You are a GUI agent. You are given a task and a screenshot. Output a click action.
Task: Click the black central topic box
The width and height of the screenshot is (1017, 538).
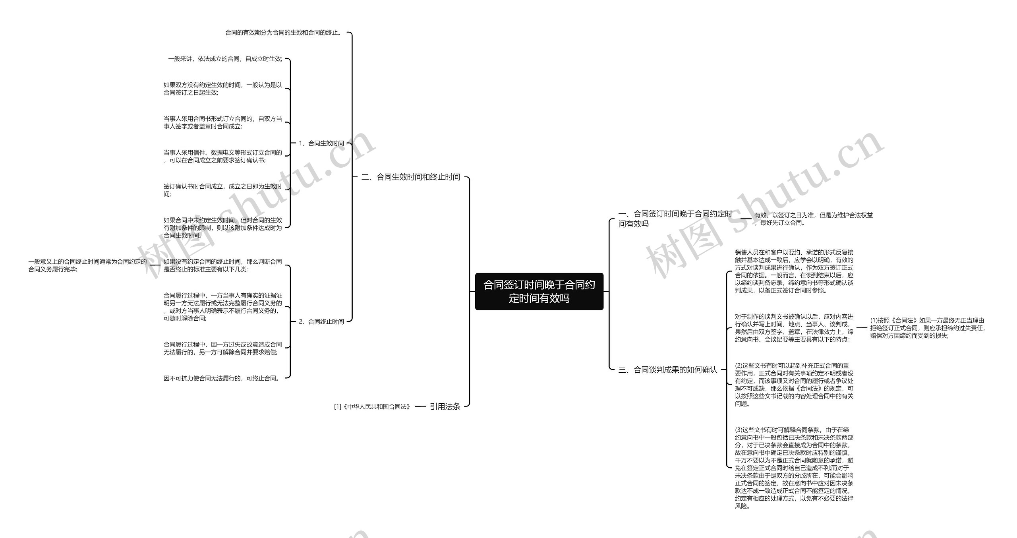[x=539, y=291]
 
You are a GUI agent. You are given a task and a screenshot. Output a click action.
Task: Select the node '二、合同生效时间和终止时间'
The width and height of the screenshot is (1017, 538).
[x=411, y=177]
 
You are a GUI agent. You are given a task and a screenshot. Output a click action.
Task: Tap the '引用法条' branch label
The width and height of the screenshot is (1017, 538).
[x=445, y=406]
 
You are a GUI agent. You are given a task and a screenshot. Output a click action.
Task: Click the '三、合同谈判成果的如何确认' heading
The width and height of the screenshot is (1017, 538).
[x=667, y=370]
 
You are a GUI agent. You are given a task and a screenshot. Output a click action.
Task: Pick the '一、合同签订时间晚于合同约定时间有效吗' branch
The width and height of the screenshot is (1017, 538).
[x=675, y=219]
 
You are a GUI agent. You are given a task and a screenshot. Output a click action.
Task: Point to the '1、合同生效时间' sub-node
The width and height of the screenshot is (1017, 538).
[x=321, y=143]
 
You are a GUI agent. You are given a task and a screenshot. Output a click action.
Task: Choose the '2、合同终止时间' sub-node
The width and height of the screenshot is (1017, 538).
[x=321, y=322]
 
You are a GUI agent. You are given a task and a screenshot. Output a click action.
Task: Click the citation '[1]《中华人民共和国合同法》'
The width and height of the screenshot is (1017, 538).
[x=372, y=407]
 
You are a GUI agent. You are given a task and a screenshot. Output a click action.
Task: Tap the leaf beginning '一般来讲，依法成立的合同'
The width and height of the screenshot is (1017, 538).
[x=225, y=59]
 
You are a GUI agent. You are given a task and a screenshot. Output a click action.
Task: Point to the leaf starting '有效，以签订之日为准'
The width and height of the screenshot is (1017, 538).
[x=813, y=219]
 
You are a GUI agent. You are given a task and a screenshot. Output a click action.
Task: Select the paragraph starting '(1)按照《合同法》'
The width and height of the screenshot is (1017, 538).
[x=927, y=328]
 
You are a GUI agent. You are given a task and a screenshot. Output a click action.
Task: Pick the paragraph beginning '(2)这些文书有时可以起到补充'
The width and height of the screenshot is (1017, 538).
[x=794, y=384]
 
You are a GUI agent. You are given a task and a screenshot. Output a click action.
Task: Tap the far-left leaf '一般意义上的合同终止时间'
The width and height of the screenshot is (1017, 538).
[x=87, y=265]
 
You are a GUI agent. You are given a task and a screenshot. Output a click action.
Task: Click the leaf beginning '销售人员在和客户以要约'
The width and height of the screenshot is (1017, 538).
[x=794, y=271]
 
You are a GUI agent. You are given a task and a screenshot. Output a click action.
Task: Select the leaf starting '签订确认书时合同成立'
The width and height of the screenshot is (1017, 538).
[x=222, y=190]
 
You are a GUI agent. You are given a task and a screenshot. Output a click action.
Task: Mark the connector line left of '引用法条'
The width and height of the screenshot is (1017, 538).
[x=420, y=406]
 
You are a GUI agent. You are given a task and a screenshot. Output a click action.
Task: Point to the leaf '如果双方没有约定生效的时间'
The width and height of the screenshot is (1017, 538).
[x=222, y=89]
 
